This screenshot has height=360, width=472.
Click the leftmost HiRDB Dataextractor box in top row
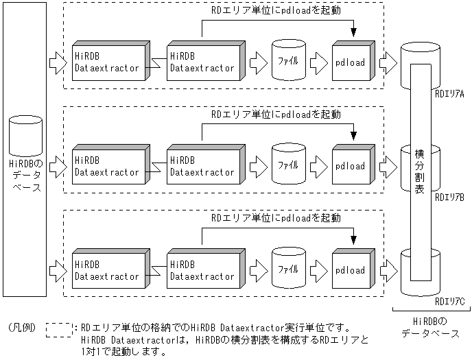coord(107,63)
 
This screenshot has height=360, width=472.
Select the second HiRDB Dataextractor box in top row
coord(202,63)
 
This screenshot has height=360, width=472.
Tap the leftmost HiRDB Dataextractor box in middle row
coord(107,166)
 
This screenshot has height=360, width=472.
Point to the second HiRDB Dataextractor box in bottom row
coord(202,269)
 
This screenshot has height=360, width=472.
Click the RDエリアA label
coord(449,95)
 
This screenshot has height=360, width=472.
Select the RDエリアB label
coord(449,197)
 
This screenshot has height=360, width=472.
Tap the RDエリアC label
coord(449,301)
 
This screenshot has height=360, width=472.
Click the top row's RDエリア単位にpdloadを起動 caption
coord(275,12)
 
